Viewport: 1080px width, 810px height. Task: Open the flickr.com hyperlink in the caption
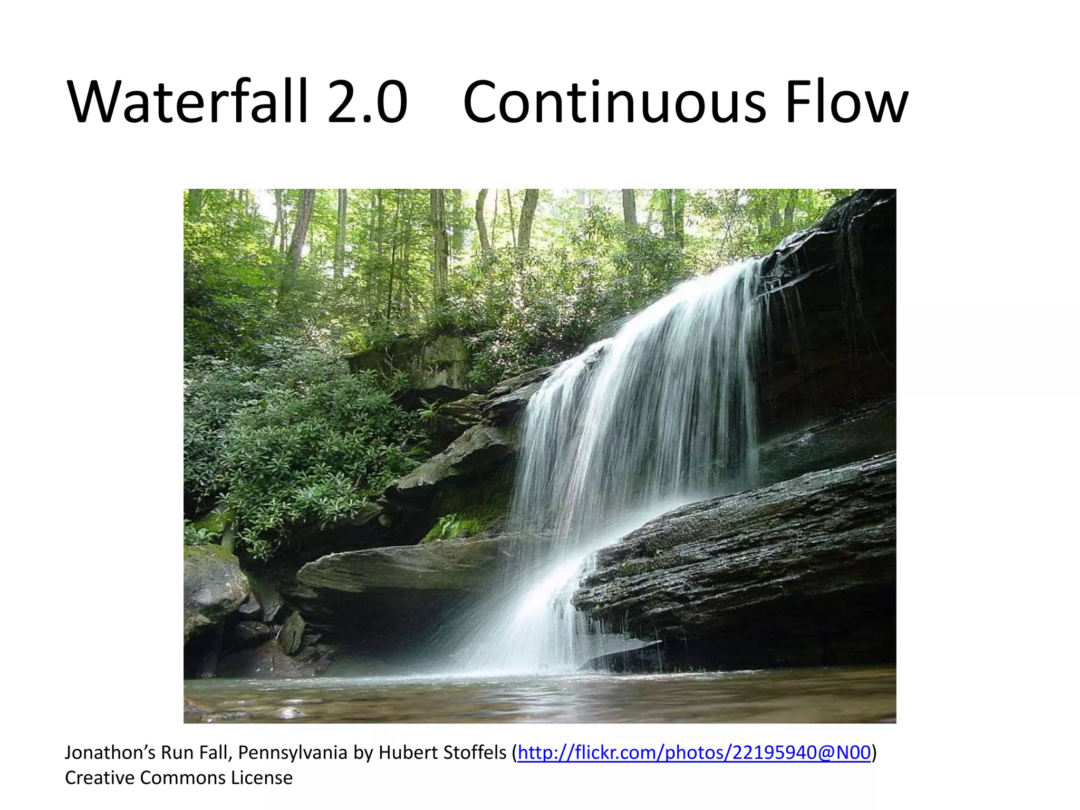point(694,753)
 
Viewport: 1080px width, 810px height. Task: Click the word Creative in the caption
point(100,778)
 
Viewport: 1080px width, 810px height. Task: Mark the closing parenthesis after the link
point(874,753)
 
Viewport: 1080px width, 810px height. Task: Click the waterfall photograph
point(539,456)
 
